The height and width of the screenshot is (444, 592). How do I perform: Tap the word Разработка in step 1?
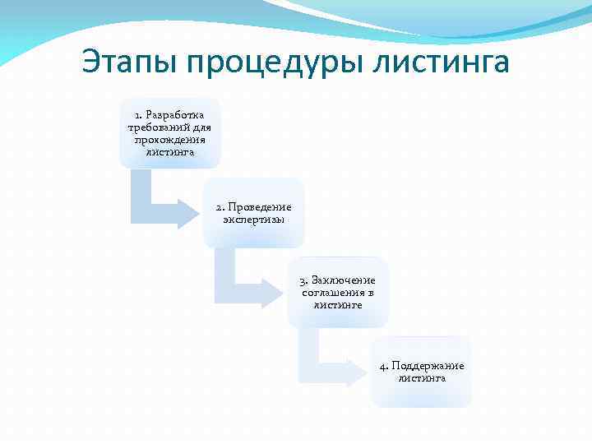click(175, 114)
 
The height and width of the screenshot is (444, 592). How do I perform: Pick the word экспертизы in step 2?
click(253, 220)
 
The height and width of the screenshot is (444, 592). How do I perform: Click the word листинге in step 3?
click(337, 305)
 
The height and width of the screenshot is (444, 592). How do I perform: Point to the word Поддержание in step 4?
click(428, 366)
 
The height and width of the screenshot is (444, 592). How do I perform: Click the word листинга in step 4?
click(422, 378)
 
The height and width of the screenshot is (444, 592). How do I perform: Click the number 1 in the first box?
click(138, 114)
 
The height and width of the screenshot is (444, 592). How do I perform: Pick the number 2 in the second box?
click(219, 207)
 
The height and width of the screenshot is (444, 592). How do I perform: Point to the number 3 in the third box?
click(303, 280)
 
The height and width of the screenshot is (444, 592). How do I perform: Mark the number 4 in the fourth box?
click(383, 366)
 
